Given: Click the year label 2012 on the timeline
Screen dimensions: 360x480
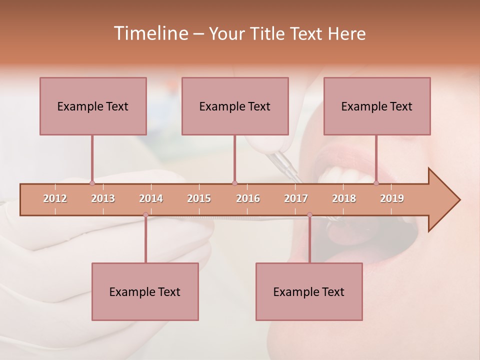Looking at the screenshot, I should coord(55,198).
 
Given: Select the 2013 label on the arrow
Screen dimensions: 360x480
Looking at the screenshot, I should coord(103,198).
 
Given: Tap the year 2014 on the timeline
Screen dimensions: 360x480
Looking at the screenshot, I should coord(151,198).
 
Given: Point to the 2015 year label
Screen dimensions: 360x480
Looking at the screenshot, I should coord(199,198).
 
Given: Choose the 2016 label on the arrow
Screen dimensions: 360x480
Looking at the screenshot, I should coord(248,198).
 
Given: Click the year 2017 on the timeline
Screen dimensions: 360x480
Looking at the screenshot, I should coord(296,198).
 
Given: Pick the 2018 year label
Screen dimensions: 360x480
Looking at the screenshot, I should coord(344,198).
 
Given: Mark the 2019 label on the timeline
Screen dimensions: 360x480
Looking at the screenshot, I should coord(392,198).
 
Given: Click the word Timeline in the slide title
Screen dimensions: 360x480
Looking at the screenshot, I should coord(150,33).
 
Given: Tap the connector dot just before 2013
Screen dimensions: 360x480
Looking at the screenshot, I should coord(92,183).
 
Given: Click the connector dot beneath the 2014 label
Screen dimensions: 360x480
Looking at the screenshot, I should coord(145,215).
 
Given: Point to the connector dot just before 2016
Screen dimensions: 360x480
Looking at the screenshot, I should coord(234,183).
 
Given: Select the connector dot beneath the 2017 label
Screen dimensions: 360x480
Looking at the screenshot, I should coord(309,215).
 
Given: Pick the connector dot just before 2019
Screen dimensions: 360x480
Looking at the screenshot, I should coord(376,183).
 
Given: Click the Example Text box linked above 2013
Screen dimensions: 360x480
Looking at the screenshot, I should coord(93,106).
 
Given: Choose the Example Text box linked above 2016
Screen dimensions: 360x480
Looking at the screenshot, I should coord(235,106).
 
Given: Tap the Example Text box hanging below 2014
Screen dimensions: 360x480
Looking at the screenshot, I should coord(145,291).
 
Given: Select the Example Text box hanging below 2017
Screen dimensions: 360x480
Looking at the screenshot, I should coord(309,291).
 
